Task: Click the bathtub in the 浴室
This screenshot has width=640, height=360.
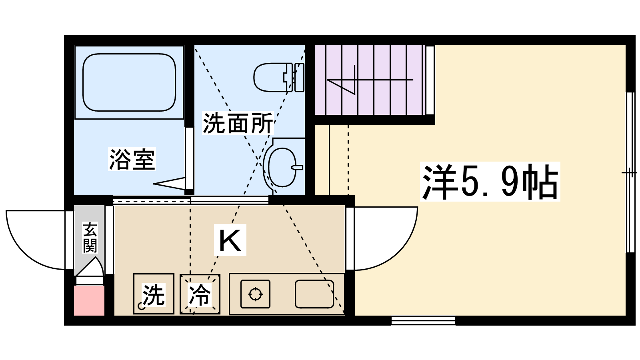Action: (x=129, y=82)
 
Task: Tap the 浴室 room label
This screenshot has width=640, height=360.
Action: (x=132, y=159)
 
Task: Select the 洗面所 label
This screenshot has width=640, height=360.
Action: (x=238, y=123)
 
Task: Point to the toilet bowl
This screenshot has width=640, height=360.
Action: (x=269, y=77)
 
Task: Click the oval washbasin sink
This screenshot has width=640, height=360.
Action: (x=282, y=167)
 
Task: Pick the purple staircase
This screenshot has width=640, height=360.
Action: (x=370, y=80)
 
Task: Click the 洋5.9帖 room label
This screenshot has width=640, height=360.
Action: (x=490, y=182)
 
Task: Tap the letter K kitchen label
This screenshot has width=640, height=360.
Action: (x=230, y=240)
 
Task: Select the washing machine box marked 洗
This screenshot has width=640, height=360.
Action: (x=154, y=294)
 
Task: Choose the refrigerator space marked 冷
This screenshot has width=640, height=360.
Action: (x=200, y=294)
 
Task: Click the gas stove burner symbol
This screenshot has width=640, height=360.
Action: (x=255, y=294)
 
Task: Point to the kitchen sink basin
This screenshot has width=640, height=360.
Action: (x=314, y=294)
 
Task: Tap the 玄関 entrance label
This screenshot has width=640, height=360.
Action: (x=90, y=238)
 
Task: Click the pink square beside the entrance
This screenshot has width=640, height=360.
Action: (x=90, y=300)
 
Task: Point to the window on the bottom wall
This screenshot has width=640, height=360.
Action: (x=423, y=320)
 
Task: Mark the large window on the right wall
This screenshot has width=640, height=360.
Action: (x=630, y=172)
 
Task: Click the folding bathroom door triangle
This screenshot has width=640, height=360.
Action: (x=170, y=184)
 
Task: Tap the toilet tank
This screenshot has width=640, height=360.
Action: (x=299, y=77)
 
